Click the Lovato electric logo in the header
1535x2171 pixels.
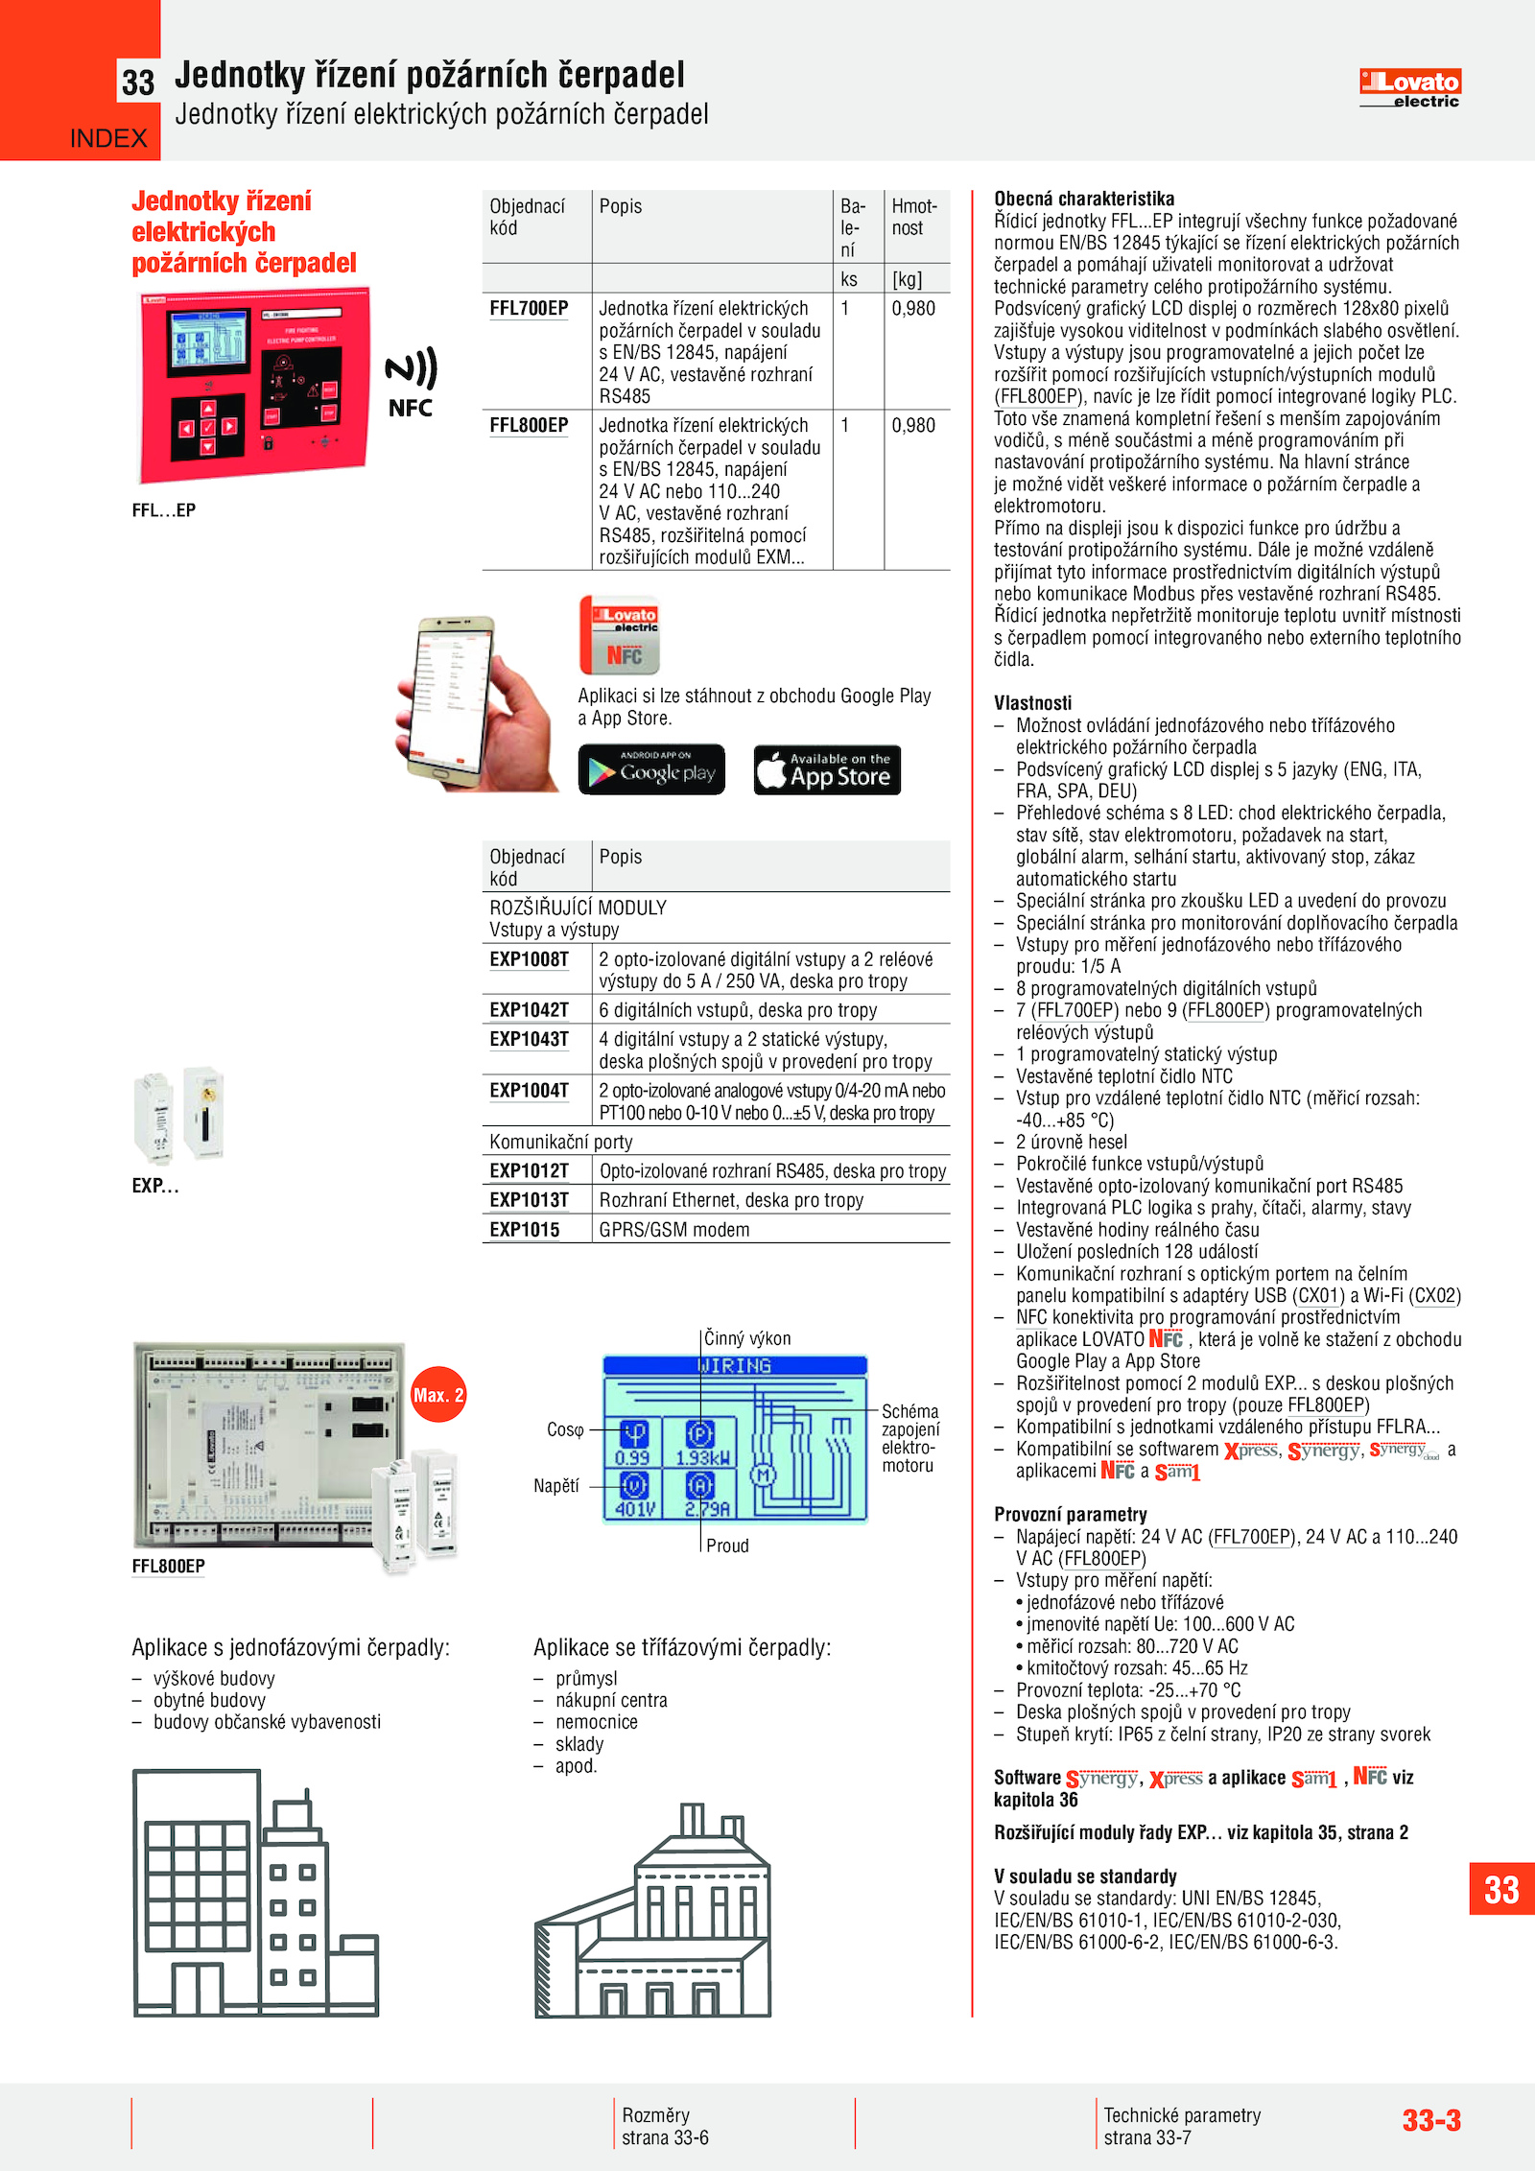pos(1409,88)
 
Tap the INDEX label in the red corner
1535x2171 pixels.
pos(108,139)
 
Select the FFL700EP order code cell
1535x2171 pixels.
pos(529,309)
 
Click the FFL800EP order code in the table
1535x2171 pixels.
pos(529,426)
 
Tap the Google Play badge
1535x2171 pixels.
pos(651,769)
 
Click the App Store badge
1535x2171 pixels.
pos(827,769)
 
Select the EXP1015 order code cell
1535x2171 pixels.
pos(524,1230)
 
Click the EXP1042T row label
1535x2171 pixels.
pos(529,1010)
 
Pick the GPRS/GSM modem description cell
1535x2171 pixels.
pos(674,1230)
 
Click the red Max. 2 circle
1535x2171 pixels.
pos(438,1395)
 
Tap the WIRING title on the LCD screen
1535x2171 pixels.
pos(734,1365)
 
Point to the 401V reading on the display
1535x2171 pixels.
pos(634,1509)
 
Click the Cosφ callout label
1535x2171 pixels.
pos(565,1430)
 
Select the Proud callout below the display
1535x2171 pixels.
pos(727,1546)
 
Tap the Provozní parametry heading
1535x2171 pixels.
pos(1071,1515)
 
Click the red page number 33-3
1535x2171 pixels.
pos(1431,2120)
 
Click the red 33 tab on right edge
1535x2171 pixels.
pos(1501,1890)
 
